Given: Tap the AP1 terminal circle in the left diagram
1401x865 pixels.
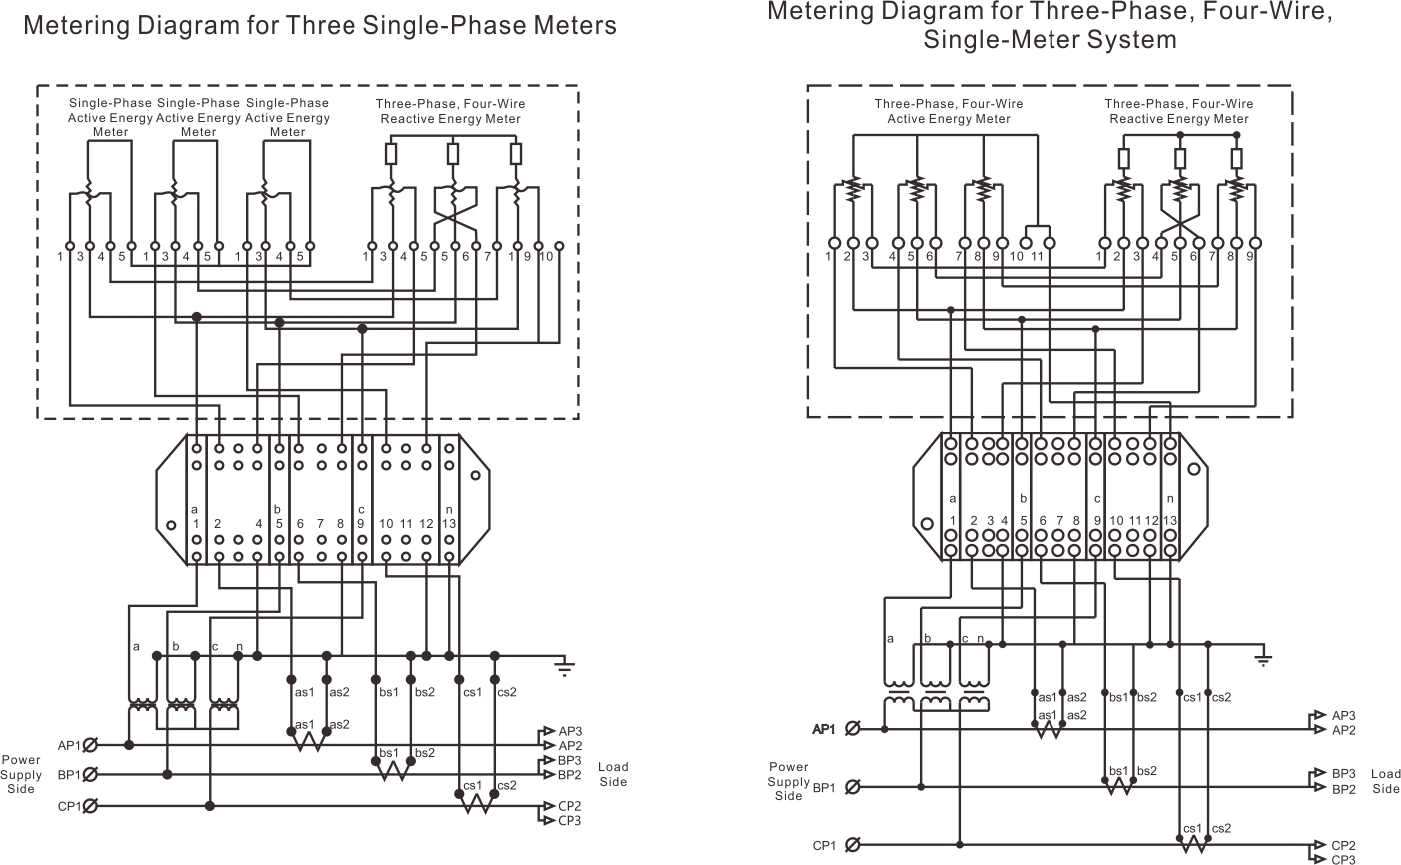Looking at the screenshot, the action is pos(90,745).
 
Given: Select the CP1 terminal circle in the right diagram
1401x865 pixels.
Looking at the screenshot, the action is pos(852,846).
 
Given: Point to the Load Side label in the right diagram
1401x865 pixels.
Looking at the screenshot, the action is pos(1385,781).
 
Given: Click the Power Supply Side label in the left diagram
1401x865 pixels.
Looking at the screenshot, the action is pos(21,774).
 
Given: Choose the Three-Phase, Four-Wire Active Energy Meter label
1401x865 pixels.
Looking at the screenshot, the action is pos(949,111).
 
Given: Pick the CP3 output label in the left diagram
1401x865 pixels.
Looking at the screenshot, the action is pos(570,821).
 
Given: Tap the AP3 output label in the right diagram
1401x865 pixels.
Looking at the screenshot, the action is pos(1343,715).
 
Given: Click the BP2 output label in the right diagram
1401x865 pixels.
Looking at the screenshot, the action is pos(1343,790).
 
